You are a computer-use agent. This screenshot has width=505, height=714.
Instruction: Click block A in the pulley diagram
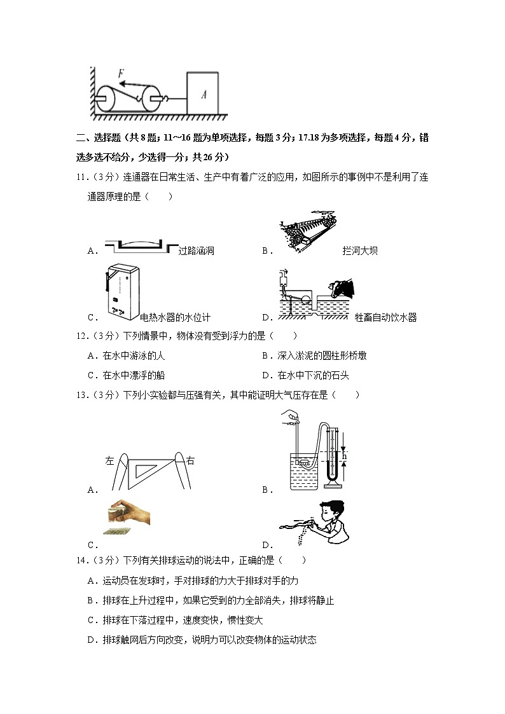pos(202,94)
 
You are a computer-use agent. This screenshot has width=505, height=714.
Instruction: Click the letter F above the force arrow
pos(121,73)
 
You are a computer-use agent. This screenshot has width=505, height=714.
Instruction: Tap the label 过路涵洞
pos(197,251)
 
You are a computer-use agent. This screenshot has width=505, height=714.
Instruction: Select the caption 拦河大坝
pos(360,251)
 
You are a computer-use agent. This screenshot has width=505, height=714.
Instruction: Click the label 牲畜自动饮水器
pos(385,318)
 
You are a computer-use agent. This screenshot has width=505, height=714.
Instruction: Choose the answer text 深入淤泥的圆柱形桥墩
pos(322,355)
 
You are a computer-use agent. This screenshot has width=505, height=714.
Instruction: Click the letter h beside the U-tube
pos(344,457)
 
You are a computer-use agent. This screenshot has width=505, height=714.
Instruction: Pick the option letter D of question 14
pos(91,640)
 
